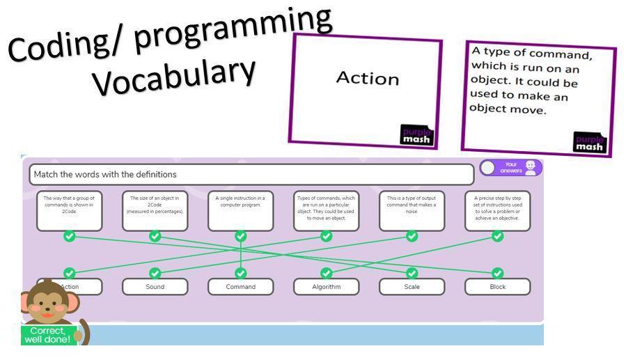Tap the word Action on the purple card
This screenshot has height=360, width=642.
pyautogui.click(x=368, y=78)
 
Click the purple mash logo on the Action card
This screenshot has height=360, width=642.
pyautogui.click(x=416, y=135)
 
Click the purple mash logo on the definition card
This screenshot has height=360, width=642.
pyautogui.click(x=589, y=142)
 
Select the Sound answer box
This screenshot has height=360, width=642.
pyautogui.click(x=155, y=287)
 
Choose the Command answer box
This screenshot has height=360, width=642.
pyautogui.click(x=240, y=287)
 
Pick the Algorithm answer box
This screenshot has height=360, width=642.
pyautogui.click(x=326, y=287)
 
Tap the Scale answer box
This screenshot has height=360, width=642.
pyautogui.click(x=412, y=287)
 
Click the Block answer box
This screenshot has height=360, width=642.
pyautogui.click(x=497, y=287)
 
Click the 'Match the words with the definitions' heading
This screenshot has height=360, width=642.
pyautogui.click(x=251, y=174)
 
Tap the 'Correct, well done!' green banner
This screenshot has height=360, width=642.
pyautogui.click(x=46, y=335)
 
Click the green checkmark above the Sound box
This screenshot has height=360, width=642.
pyautogui.click(x=155, y=273)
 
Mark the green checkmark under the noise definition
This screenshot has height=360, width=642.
pyautogui.click(x=412, y=236)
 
